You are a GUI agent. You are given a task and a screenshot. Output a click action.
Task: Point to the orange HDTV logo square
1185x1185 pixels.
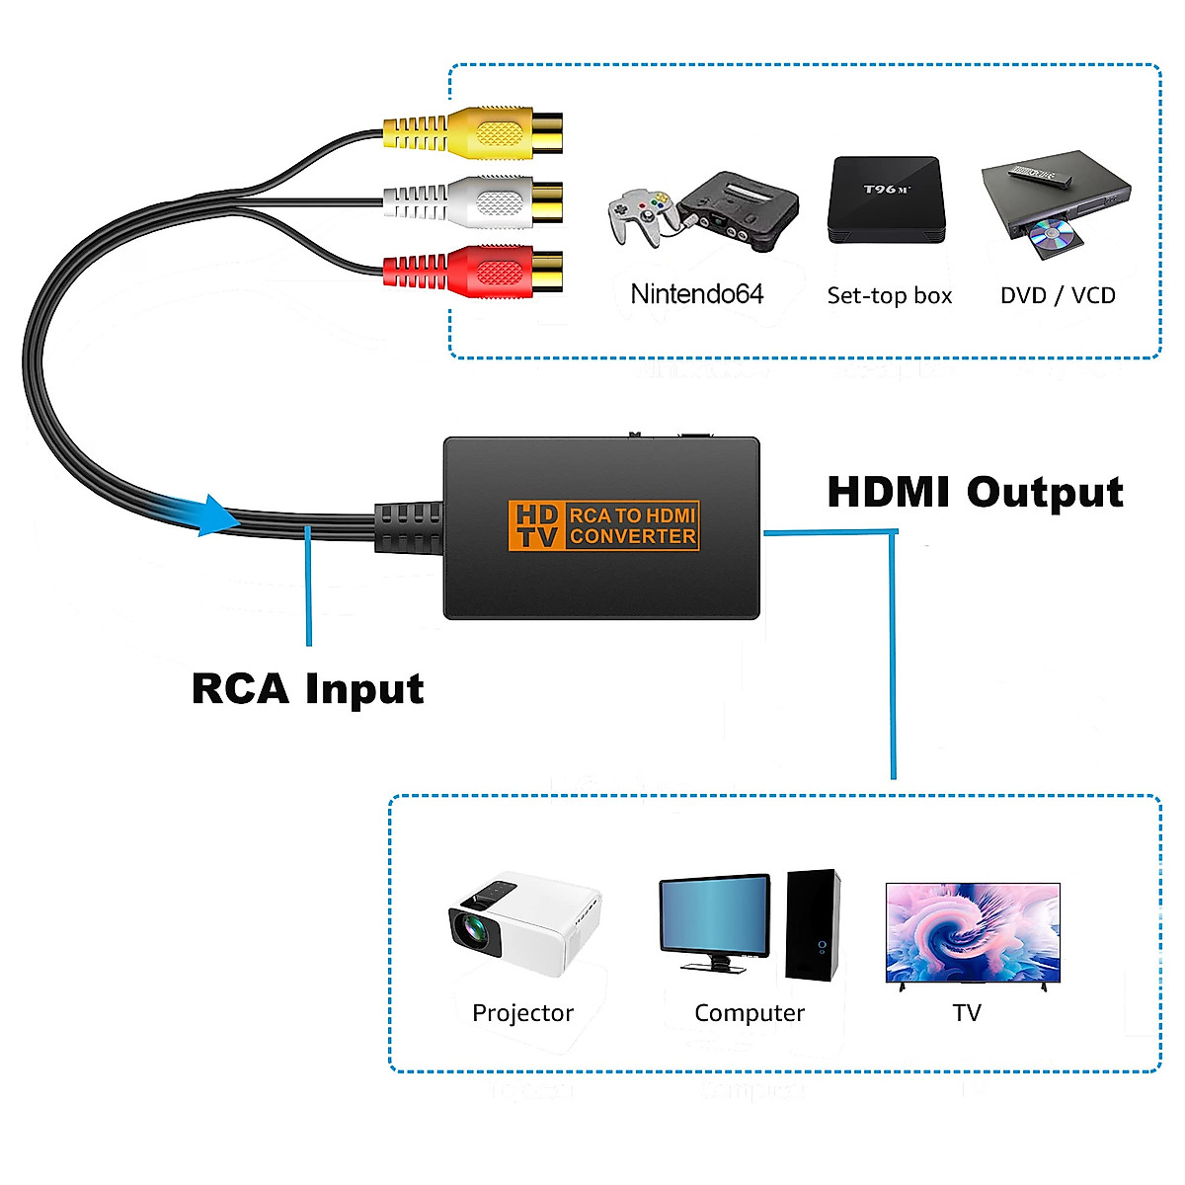tap(536, 525)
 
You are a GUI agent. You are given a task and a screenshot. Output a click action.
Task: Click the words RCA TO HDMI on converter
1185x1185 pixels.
tap(633, 514)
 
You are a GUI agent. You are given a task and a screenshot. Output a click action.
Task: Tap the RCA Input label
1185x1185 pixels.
tap(307, 688)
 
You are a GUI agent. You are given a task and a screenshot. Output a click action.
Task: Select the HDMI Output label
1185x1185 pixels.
tap(975, 492)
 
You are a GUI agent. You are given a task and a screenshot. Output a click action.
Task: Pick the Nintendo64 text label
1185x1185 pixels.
tap(697, 294)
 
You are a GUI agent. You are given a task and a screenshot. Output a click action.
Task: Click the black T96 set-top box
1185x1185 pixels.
tap(886, 199)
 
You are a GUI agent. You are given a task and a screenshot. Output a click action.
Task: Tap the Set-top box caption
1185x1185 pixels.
tap(889, 295)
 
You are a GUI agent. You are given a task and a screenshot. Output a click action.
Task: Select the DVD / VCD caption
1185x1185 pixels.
tap(1058, 295)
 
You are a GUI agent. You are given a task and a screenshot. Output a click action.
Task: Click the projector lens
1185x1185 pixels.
tap(471, 929)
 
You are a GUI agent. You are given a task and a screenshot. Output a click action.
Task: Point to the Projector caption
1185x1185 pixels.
tap(522, 1013)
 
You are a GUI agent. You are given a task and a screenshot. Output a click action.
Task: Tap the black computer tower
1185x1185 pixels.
tap(813, 924)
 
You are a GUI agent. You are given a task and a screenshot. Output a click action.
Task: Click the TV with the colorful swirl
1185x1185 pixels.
tap(973, 932)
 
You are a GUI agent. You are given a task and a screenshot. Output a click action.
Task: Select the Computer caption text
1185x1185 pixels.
tap(750, 1013)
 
